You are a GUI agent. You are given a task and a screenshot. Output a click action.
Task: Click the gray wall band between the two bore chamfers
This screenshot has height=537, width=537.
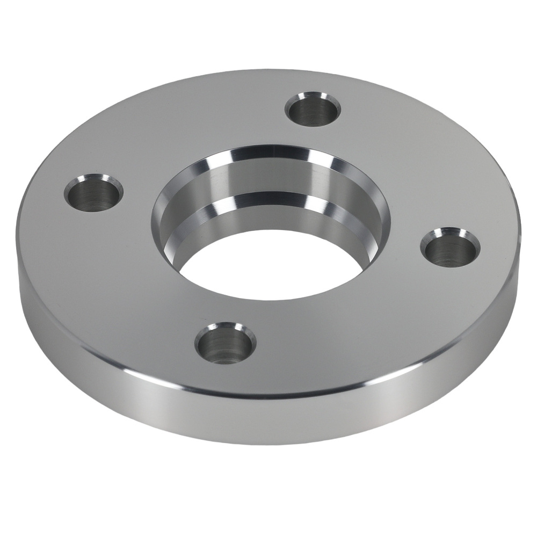tap(268, 177)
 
